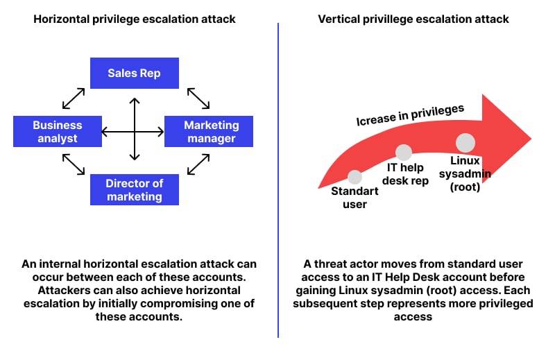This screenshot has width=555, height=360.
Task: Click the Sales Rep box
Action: click(x=134, y=73)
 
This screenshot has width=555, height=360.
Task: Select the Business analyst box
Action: click(x=58, y=131)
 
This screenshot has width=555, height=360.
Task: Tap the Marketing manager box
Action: click(x=209, y=131)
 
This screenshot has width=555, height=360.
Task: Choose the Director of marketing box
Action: click(x=134, y=189)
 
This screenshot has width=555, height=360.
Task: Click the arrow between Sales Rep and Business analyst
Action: click(x=74, y=98)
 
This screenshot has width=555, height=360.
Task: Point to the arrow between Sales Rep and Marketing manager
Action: click(x=198, y=98)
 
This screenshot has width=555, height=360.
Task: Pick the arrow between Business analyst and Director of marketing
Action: click(x=74, y=164)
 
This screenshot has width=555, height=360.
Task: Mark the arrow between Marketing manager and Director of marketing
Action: click(x=198, y=164)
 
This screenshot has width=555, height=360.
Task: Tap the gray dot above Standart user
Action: click(x=355, y=177)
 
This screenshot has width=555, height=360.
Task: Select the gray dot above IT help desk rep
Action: click(x=404, y=152)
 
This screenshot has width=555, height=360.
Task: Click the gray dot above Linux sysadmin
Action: click(x=465, y=143)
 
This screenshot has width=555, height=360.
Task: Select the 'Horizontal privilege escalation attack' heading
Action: click(x=135, y=19)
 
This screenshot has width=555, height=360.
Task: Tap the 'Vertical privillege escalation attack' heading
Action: click(x=413, y=19)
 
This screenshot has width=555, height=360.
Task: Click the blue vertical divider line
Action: click(x=278, y=180)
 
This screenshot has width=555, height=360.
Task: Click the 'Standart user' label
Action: click(x=355, y=198)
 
